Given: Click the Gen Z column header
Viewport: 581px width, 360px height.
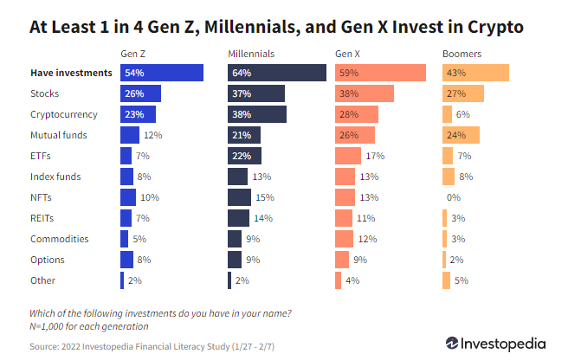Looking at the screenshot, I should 132,54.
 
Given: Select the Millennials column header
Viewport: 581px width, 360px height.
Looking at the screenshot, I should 252,54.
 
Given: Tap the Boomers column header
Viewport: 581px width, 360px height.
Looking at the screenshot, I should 462,54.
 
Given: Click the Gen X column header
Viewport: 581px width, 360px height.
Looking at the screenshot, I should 348,54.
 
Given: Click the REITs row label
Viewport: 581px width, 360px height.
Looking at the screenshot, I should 43,218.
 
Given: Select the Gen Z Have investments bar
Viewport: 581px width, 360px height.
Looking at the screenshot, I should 162,73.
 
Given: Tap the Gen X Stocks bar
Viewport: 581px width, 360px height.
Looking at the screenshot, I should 365,93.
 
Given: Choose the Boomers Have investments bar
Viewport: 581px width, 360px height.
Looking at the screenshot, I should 475,73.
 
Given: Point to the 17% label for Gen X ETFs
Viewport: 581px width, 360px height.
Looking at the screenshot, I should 375,156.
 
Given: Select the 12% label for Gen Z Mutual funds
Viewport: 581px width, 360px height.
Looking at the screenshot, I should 152,135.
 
